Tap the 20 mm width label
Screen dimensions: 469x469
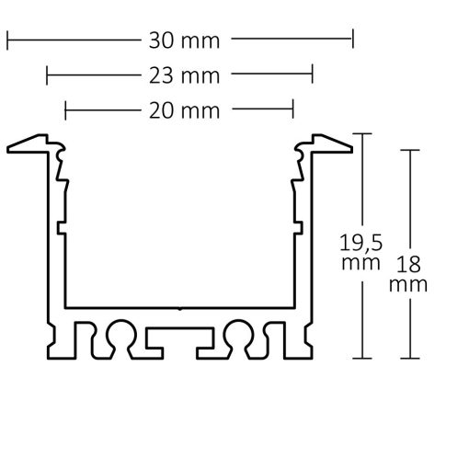(179, 111)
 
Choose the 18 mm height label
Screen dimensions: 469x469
(408, 273)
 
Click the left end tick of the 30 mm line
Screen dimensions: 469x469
(7, 40)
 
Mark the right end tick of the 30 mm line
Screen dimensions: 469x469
(352, 40)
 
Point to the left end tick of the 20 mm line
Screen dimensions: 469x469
(66, 111)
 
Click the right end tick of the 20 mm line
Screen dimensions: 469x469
(292, 111)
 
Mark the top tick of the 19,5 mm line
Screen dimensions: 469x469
(366, 134)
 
